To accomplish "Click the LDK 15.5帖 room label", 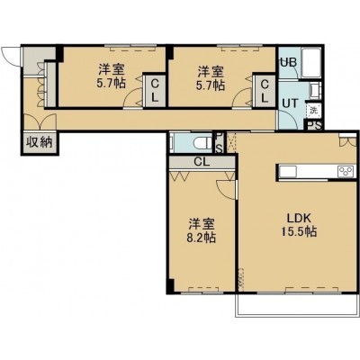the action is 299,225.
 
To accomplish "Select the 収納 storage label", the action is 40,142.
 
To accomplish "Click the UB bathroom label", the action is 288,62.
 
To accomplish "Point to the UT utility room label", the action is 291,103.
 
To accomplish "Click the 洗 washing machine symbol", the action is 313,110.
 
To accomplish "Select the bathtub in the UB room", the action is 311,63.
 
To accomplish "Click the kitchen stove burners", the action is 346,172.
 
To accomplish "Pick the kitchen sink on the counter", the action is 288,172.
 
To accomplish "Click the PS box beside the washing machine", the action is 313,124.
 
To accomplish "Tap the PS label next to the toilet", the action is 219,143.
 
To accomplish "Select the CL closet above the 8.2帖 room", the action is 202,162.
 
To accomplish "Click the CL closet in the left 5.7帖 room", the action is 155,90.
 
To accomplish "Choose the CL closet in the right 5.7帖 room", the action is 265,90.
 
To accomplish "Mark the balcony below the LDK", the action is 297,304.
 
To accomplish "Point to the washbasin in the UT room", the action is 316,91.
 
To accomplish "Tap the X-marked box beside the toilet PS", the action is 231,142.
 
